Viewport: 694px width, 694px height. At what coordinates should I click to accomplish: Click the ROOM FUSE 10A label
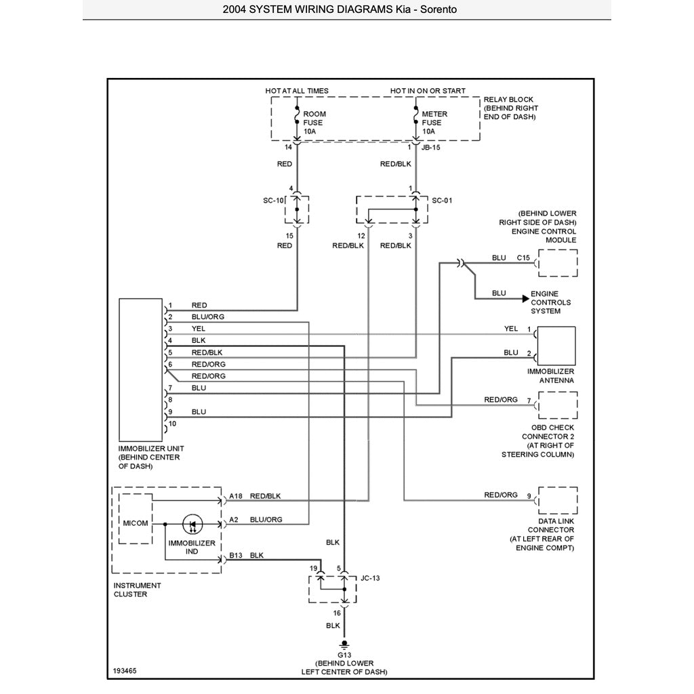(x=313, y=123)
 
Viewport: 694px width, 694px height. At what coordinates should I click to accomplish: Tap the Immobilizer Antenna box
(x=556, y=346)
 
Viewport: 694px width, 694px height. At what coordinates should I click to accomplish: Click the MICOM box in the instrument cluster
(x=136, y=523)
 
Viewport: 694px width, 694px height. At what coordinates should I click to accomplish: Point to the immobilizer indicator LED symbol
(x=192, y=524)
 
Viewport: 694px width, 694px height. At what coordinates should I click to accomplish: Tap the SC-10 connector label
(x=272, y=201)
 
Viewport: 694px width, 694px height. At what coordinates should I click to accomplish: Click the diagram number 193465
(x=125, y=672)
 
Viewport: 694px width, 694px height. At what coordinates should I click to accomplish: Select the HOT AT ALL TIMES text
(x=297, y=91)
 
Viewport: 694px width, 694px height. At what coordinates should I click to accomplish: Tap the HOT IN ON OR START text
(x=428, y=91)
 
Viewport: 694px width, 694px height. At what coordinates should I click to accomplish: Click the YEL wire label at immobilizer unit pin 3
(x=199, y=329)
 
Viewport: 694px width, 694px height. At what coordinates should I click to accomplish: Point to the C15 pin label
(x=523, y=258)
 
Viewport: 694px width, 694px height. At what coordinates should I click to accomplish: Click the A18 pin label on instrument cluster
(x=236, y=496)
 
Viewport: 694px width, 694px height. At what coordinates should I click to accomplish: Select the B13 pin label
(x=236, y=555)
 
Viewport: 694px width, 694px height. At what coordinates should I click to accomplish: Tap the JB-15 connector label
(x=431, y=146)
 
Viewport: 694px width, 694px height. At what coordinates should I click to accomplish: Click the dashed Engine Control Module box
(x=557, y=263)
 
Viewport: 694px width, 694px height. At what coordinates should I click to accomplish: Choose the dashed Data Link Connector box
(x=557, y=500)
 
